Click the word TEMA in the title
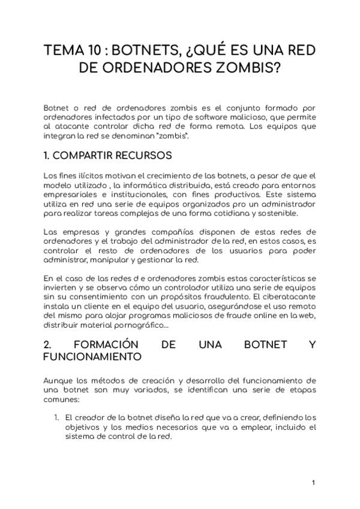(x=65, y=50)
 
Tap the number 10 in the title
(x=100, y=50)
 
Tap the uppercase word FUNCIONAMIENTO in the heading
(x=92, y=357)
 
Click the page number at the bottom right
(x=313, y=483)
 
